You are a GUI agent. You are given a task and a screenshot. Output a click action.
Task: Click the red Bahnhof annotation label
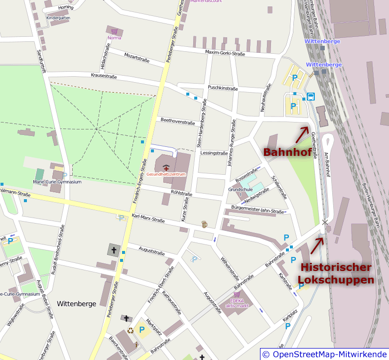coord(287,152)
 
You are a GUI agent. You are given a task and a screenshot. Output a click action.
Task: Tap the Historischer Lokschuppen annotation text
coord(336,273)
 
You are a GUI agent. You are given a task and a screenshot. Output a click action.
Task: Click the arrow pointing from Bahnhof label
coord(303,134)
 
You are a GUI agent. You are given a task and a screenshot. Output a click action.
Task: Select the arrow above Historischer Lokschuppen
coord(317,244)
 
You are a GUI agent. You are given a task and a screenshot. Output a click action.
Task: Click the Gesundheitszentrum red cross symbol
coord(165,168)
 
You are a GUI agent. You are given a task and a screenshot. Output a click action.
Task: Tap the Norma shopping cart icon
coord(115,31)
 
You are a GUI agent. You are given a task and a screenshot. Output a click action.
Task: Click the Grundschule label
coord(241,190)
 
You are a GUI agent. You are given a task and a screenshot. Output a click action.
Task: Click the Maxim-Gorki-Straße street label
coord(225,52)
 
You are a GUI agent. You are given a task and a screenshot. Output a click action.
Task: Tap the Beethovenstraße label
coord(177,121)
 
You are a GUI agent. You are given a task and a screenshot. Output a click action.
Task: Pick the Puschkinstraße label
coord(223,88)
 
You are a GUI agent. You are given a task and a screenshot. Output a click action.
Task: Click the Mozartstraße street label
coord(136,58)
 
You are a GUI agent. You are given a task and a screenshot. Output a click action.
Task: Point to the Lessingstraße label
coord(214,153)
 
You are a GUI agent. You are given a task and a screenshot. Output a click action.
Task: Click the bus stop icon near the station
coord(311,97)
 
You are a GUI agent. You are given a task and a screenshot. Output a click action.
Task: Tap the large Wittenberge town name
coord(77,303)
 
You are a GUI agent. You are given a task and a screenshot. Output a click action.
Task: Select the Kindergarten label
coord(58,17)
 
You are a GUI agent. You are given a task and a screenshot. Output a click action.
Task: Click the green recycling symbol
coord(130,330)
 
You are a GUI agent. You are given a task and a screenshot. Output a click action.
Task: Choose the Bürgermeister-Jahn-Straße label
coord(258,209)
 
